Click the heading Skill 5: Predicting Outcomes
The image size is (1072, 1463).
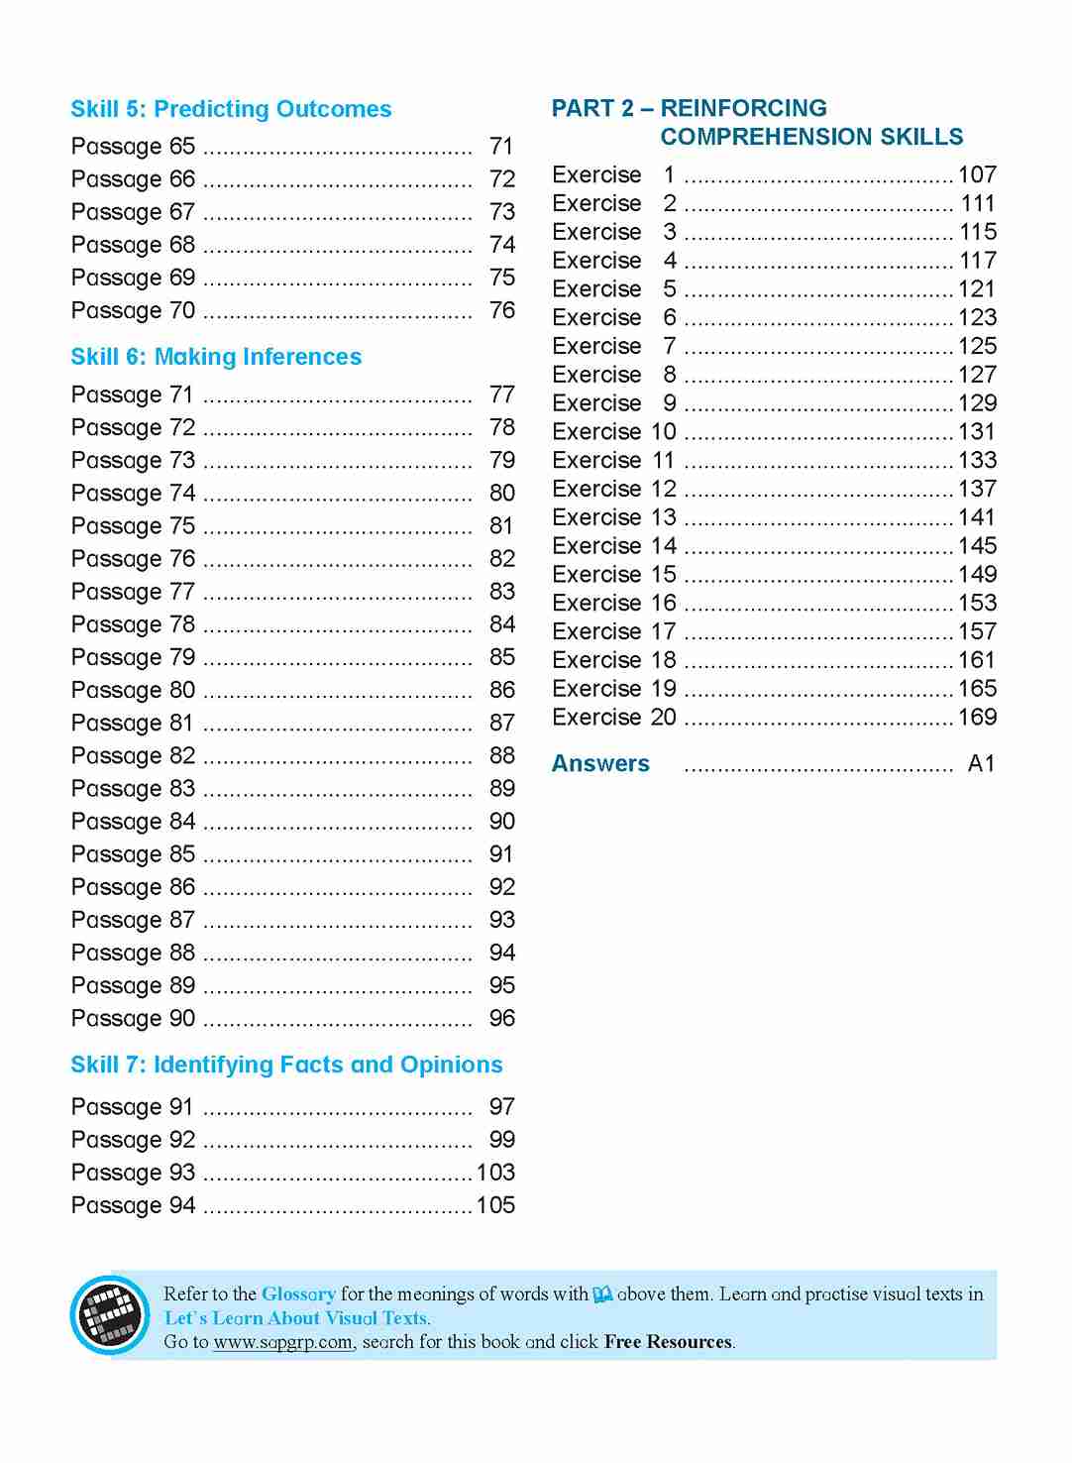coord(231,109)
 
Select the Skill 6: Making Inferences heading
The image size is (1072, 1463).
coord(216,357)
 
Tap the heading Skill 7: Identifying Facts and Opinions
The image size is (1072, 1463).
coord(286,1065)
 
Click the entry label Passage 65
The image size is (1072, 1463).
coord(133,147)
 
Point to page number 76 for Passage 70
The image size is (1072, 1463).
coord(502,310)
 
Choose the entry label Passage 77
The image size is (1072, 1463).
coord(133,592)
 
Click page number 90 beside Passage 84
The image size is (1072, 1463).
coord(502,821)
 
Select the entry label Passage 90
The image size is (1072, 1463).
coord(133,1018)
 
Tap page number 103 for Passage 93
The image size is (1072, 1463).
coord(495,1173)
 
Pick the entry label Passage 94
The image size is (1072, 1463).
coord(133,1205)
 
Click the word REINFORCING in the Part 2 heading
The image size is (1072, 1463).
coord(743,108)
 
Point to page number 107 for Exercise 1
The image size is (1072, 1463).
coord(977,175)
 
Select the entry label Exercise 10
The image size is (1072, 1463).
coord(614,432)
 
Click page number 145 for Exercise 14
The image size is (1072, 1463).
coord(977,546)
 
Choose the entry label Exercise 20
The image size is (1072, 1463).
coord(614,718)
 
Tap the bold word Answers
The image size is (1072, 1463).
coord(600,764)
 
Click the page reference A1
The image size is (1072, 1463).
coord(981,764)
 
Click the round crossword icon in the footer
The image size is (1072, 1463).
coord(109,1315)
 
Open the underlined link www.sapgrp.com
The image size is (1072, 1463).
coord(282,1342)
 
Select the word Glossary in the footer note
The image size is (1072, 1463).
coord(298,1294)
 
